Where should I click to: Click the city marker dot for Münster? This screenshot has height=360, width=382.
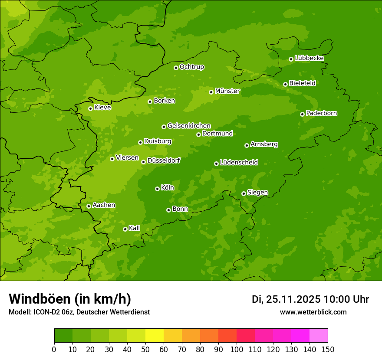point(211,92)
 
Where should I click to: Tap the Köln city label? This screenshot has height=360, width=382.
point(167,188)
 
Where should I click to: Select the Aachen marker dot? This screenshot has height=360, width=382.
point(89,206)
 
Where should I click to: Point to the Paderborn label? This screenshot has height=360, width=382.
point(321,113)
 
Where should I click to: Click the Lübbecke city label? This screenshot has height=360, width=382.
point(309,58)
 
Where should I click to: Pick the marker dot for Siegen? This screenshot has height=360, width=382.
point(244,193)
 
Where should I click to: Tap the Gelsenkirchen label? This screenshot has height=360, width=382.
point(189,126)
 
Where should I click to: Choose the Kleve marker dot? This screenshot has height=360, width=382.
point(90,108)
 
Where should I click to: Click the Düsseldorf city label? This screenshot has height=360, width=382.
point(163,160)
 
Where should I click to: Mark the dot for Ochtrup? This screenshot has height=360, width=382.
point(176,68)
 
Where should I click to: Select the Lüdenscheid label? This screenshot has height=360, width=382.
point(239,163)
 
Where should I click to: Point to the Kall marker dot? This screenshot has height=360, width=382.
point(125,229)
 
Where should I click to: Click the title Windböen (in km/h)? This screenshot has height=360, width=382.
point(69,299)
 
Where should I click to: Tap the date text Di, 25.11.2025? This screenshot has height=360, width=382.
point(286,299)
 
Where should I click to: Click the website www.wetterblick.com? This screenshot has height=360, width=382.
point(313,312)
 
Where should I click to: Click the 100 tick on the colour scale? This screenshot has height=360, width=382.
point(237,349)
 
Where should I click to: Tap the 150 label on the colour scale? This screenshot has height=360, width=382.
point(328,349)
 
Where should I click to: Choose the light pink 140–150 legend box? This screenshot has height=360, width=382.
point(319,336)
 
